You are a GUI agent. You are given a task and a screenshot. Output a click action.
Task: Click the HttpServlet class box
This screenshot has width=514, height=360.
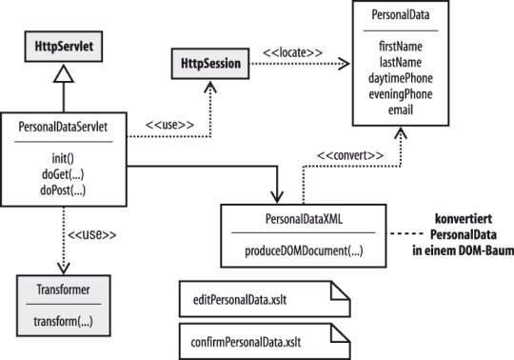click(x=64, y=47)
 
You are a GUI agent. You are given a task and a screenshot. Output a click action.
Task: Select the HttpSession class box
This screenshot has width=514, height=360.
click(x=210, y=64)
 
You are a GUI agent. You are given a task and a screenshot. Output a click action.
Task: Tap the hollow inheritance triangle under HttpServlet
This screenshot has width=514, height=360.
click(x=64, y=73)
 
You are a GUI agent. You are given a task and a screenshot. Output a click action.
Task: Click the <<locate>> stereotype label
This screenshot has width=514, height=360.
click(x=293, y=52)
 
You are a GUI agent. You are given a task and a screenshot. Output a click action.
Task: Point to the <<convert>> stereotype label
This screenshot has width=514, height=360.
click(x=350, y=155)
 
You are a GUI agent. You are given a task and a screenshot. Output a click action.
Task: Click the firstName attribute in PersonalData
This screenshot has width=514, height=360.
click(x=401, y=47)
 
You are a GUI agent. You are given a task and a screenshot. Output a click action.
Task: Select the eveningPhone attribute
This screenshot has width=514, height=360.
click(x=401, y=94)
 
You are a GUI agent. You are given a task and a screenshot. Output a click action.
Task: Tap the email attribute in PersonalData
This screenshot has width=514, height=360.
click(x=401, y=110)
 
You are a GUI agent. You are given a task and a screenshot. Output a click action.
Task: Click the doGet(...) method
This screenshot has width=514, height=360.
click(x=63, y=174)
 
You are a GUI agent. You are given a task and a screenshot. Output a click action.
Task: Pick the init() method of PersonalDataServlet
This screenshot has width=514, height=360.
click(x=63, y=158)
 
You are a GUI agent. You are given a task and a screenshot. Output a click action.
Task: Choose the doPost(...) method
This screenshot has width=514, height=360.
click(x=63, y=190)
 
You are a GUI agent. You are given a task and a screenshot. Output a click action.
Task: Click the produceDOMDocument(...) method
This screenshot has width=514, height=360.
click(x=304, y=251)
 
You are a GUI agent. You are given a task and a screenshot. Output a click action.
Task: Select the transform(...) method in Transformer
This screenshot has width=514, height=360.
click(x=63, y=321)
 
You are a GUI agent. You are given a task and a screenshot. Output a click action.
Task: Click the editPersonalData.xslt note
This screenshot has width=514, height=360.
click(x=265, y=299)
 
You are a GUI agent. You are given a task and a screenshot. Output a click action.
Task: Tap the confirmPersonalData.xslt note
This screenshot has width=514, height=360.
click(x=265, y=342)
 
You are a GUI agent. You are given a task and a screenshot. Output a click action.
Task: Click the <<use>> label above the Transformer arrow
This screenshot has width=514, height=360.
click(x=92, y=234)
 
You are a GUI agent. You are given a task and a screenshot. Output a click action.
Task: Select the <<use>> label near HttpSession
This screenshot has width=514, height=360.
click(x=169, y=125)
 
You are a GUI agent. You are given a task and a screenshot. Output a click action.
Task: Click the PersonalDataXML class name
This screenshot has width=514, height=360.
click(x=304, y=219)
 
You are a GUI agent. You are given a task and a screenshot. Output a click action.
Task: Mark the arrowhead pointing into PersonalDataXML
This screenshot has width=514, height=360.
click(x=277, y=197)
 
